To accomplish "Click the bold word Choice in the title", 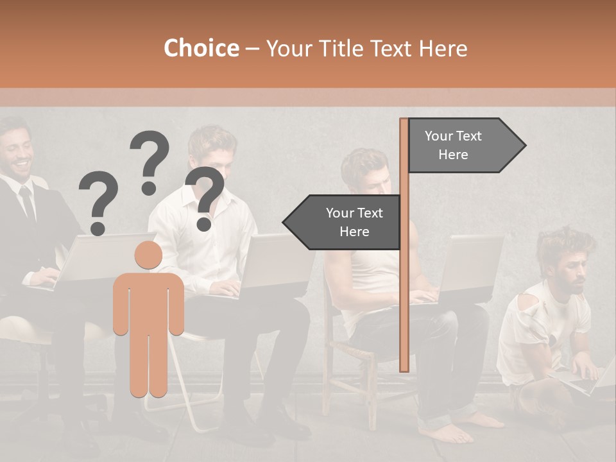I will click(x=201, y=48).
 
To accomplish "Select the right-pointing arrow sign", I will click(x=462, y=146).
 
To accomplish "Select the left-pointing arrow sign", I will click(x=343, y=222).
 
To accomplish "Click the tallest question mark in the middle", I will click(x=150, y=160).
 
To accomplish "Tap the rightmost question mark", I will click(x=205, y=198).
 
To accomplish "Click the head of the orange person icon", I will click(x=148, y=255).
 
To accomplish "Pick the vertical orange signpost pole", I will click(x=404, y=244).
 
